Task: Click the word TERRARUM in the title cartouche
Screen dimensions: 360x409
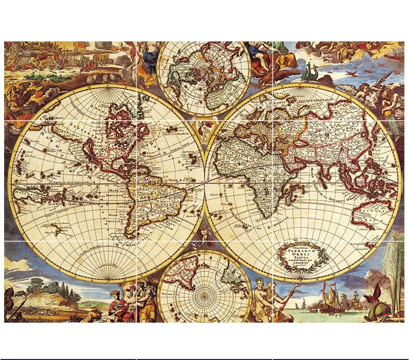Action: point(304,250)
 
